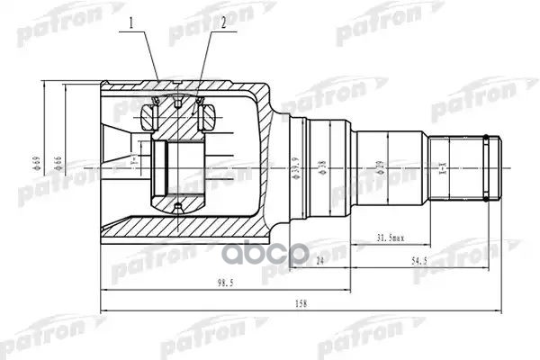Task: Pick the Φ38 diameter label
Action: [x=322, y=168]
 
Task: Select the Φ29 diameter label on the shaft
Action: [x=380, y=168]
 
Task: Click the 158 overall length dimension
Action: [x=301, y=304]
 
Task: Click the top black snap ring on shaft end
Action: [x=488, y=139]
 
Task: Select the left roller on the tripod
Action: [x=151, y=115]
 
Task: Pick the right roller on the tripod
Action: [x=206, y=115]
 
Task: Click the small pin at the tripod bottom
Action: [x=177, y=211]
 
